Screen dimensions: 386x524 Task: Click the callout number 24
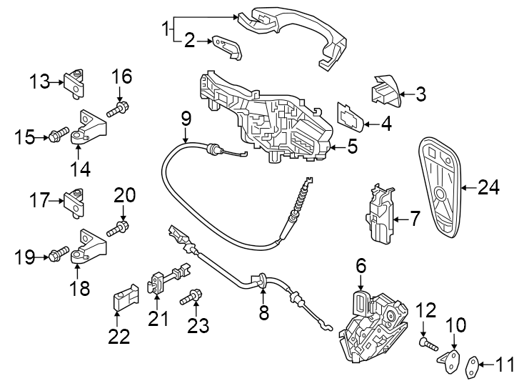point(489,188)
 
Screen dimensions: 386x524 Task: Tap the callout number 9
point(186,117)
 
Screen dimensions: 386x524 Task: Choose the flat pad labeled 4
point(349,117)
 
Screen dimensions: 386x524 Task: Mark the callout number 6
point(361,267)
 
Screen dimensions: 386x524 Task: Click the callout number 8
point(263,312)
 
